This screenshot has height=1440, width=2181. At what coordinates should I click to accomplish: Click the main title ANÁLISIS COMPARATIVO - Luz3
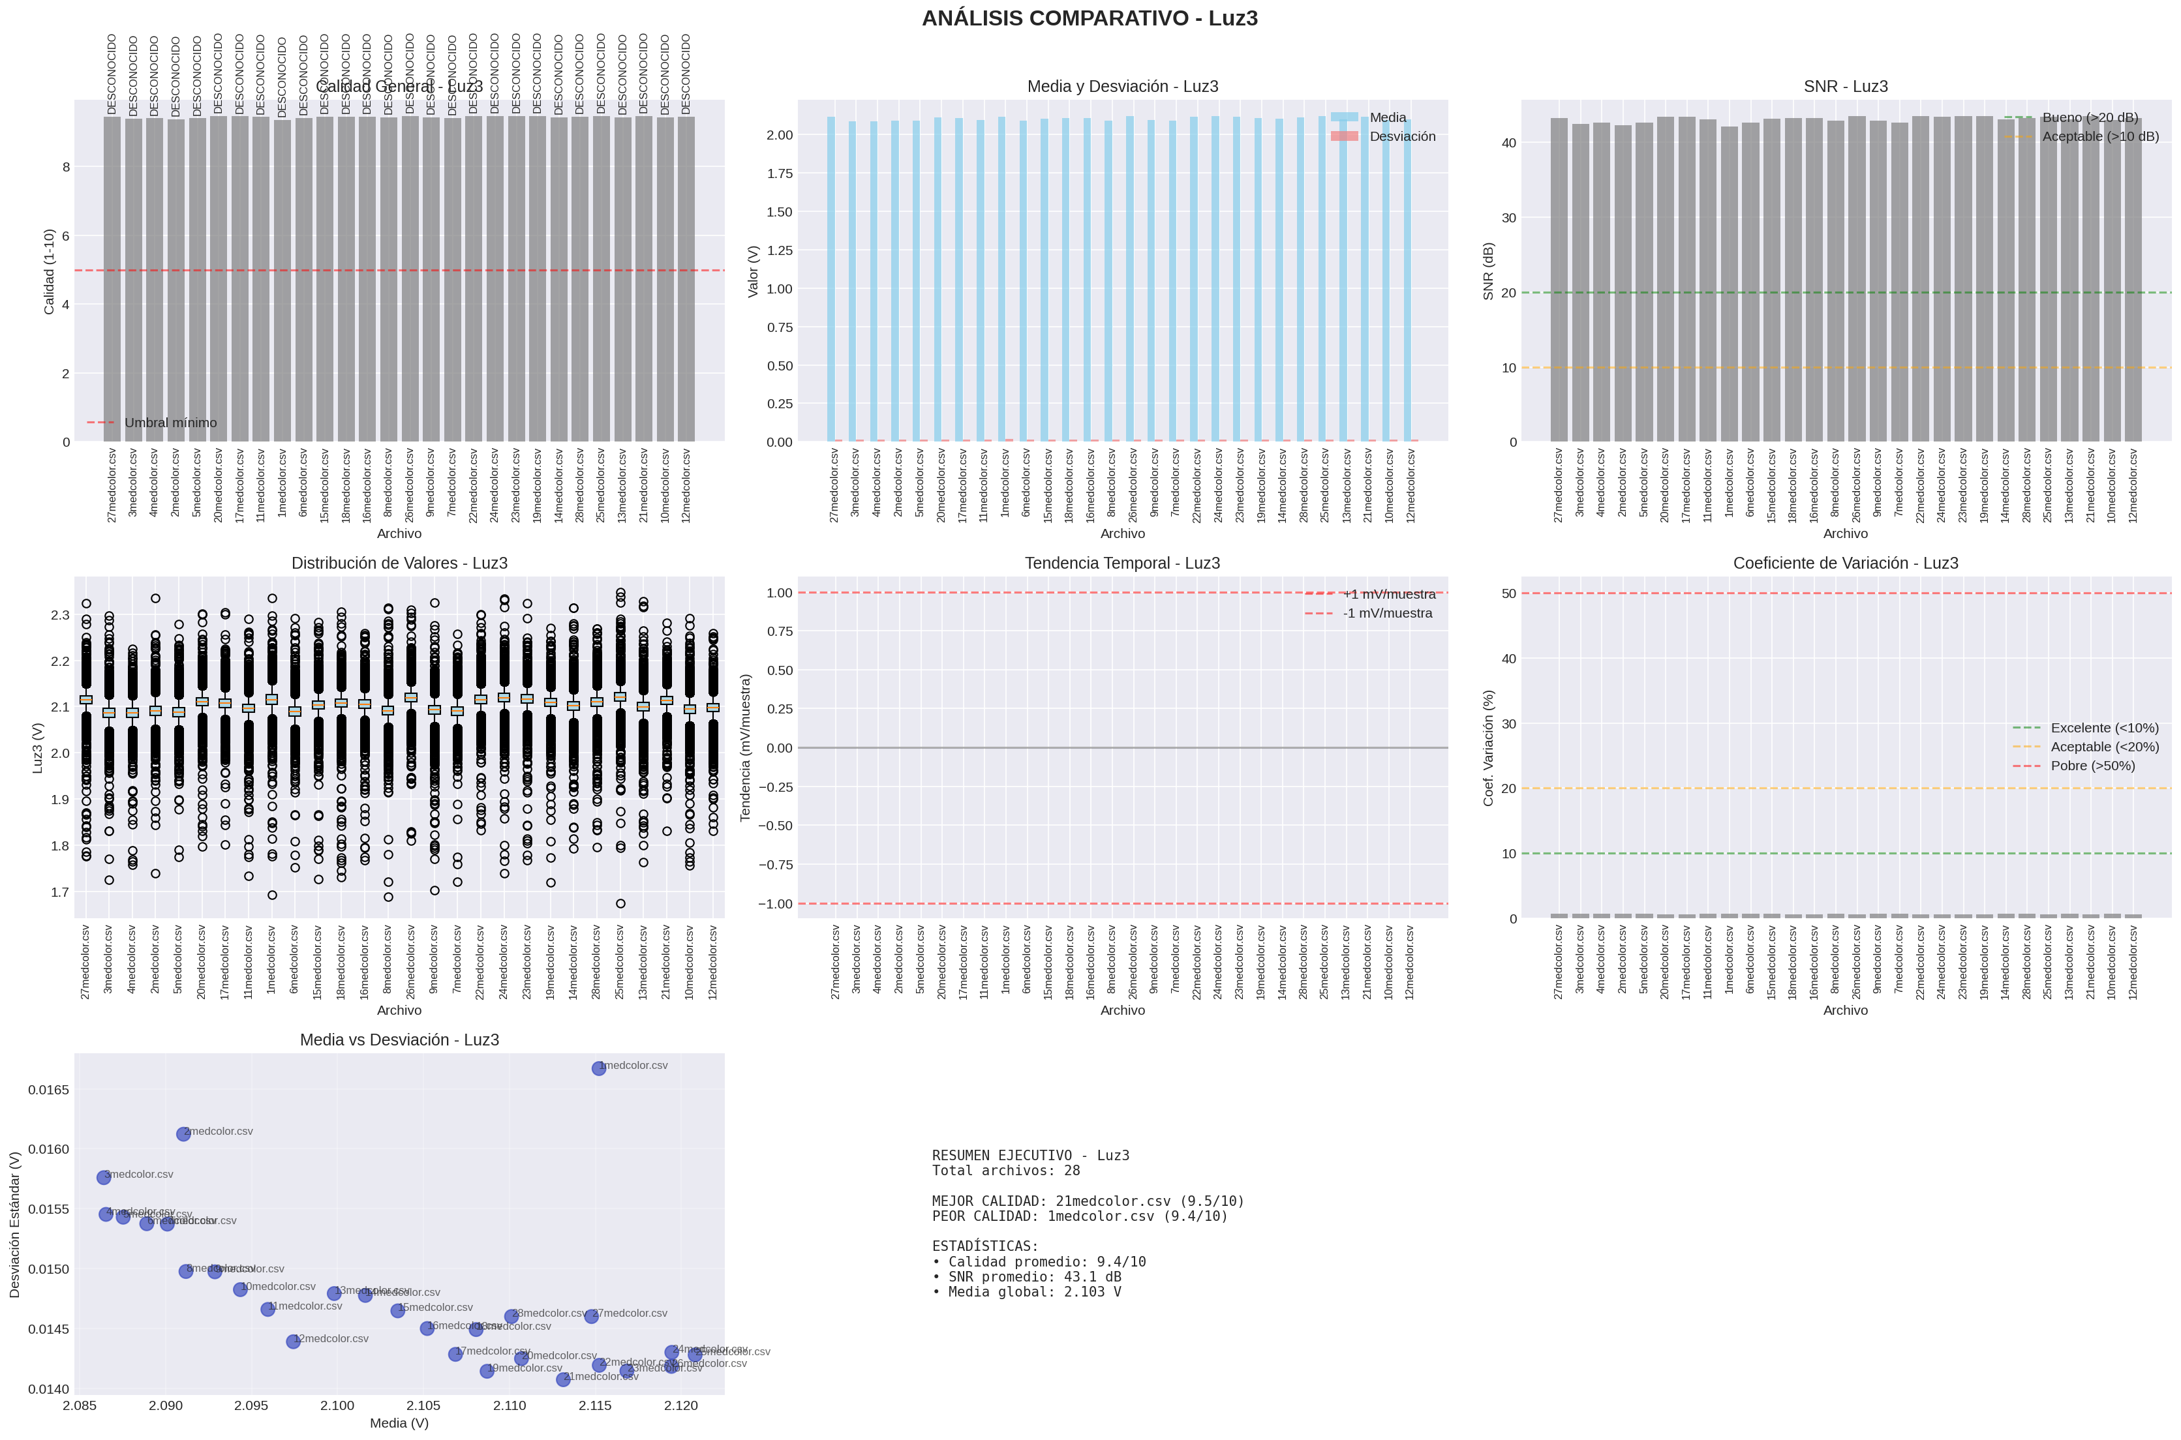point(1090,18)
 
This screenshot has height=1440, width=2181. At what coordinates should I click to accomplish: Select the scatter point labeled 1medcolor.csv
point(598,1068)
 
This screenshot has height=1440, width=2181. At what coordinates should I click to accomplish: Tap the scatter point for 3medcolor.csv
point(104,1177)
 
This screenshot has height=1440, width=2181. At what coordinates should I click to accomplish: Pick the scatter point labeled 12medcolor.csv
point(293,1342)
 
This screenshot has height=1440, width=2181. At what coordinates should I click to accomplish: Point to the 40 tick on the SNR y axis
point(1510,143)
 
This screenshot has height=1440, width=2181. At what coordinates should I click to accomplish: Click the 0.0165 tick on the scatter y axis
point(48,1090)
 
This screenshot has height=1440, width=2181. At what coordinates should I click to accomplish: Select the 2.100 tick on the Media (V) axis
point(337,1405)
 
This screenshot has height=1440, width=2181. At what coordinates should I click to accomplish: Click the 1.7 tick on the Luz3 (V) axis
point(60,892)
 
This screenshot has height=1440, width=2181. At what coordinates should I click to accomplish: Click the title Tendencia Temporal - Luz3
point(1121,563)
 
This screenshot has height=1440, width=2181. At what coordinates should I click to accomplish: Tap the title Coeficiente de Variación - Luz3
point(1845,563)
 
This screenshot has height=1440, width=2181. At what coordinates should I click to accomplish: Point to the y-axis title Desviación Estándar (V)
point(15,1224)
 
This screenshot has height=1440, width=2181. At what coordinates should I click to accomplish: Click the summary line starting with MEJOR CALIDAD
point(1088,1201)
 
